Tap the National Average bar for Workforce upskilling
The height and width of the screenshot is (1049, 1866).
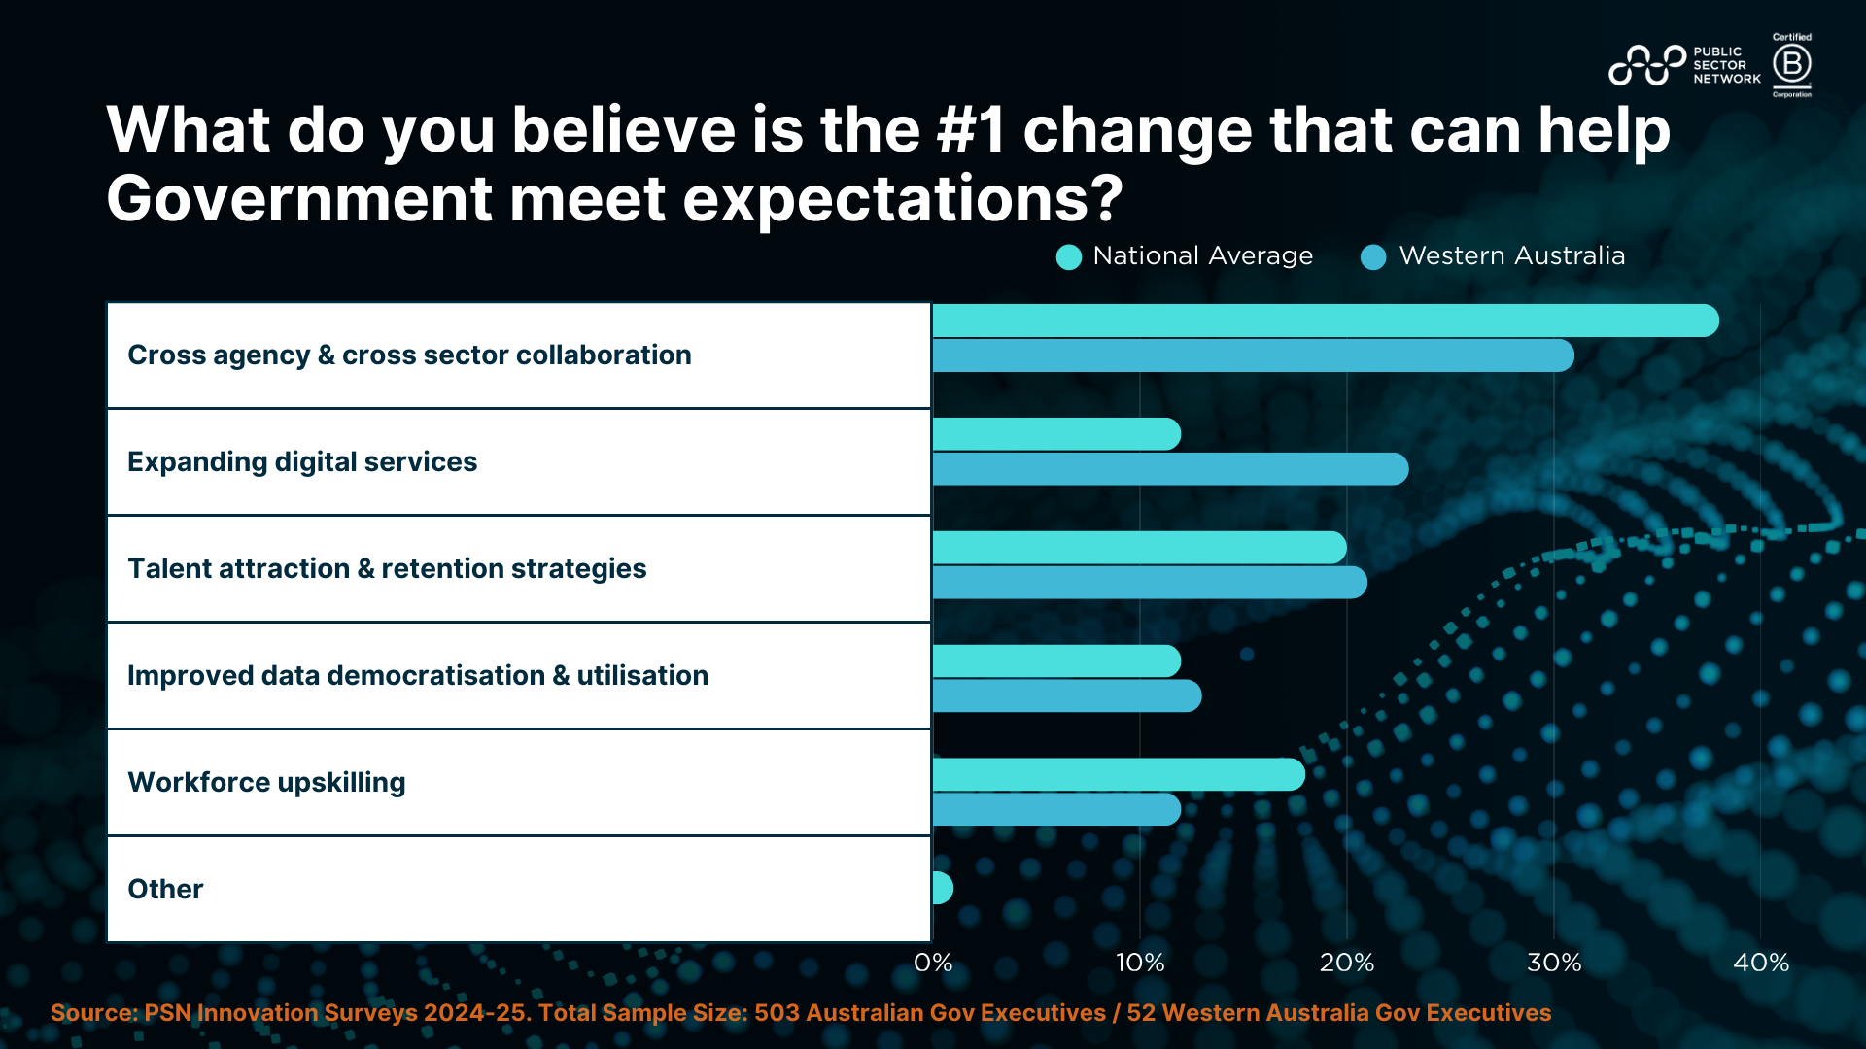pos(1118,774)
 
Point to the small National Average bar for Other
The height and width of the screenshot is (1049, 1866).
pos(942,888)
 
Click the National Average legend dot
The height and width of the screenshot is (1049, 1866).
pos(1069,257)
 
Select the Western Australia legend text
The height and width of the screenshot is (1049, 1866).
pos(1511,255)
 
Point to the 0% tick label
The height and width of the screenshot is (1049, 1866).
pos(933,963)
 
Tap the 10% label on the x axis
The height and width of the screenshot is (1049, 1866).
pos(1140,963)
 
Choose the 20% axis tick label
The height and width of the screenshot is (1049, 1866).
pos(1347,963)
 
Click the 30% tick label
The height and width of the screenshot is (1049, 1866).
pos(1554,963)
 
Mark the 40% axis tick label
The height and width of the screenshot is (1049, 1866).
pos(1761,963)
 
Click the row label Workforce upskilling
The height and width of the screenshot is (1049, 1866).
pos(266,782)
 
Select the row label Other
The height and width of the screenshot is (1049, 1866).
pos(165,889)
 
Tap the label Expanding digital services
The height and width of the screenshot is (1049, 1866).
pos(302,461)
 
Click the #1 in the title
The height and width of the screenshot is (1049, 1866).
pos(971,130)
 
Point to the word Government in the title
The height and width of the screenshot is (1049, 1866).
pos(298,198)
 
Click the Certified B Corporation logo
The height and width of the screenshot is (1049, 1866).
pos(1791,65)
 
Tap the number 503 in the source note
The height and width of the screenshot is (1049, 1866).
pos(777,1013)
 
